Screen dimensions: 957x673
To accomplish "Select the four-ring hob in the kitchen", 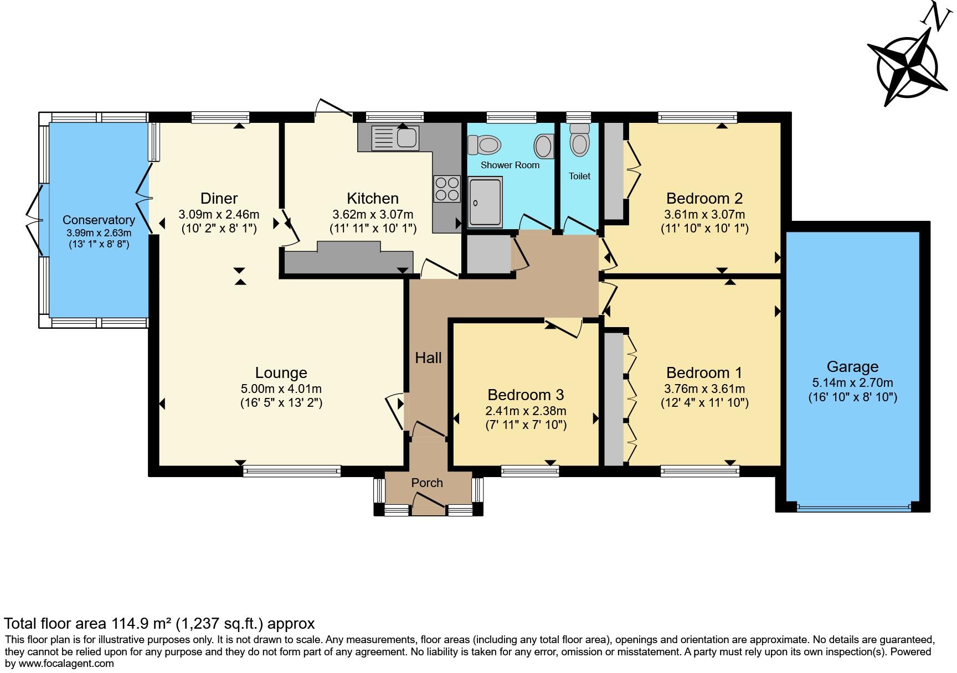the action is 447,188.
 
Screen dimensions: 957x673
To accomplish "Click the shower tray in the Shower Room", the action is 485,203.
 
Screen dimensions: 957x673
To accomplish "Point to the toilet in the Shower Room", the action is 484,145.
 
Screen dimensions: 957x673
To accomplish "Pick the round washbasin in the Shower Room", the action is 543,147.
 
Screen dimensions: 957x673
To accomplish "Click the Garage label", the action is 852,367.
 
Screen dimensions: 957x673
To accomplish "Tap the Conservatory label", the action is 99,220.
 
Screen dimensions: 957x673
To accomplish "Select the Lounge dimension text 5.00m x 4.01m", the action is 281,389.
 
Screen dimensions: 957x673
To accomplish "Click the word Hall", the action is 429,358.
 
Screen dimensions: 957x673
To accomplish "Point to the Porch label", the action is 427,483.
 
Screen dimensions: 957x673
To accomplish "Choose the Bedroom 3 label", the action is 526,395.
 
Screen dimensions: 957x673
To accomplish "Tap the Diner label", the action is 219,198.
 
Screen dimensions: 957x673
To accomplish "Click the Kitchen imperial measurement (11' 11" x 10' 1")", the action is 373,228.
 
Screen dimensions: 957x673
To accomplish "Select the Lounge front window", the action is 292,472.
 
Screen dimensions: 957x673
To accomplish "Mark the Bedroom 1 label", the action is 704,372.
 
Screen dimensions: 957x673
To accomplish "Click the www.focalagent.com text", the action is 66,663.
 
